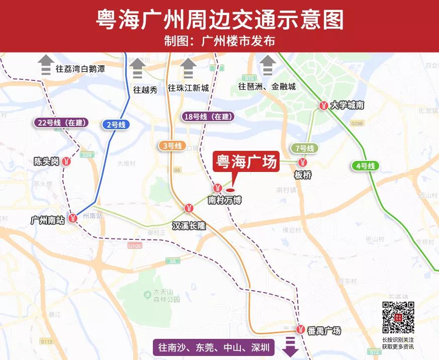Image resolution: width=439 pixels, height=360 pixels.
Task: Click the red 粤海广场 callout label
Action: pyautogui.click(x=246, y=162)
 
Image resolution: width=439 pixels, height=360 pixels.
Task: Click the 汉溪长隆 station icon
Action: pyautogui.click(x=189, y=207)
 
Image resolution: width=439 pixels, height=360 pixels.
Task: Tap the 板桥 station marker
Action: pyautogui.click(x=303, y=162)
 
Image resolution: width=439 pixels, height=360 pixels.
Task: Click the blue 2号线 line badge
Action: pyautogui.click(x=116, y=125)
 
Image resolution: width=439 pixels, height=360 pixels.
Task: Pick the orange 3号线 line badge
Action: pyautogui.click(x=172, y=146)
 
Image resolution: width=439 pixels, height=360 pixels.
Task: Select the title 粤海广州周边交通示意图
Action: pyautogui.click(x=220, y=20)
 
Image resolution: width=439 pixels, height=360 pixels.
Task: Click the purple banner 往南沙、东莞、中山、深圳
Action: pyautogui.click(x=214, y=347)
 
